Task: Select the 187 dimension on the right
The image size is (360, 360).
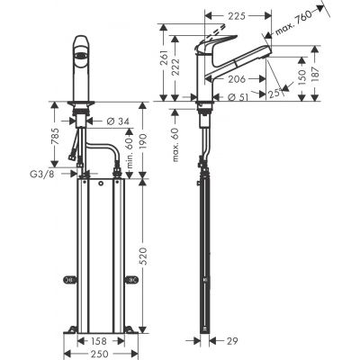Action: (337, 72)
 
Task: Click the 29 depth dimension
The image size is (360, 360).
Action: (233, 342)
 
